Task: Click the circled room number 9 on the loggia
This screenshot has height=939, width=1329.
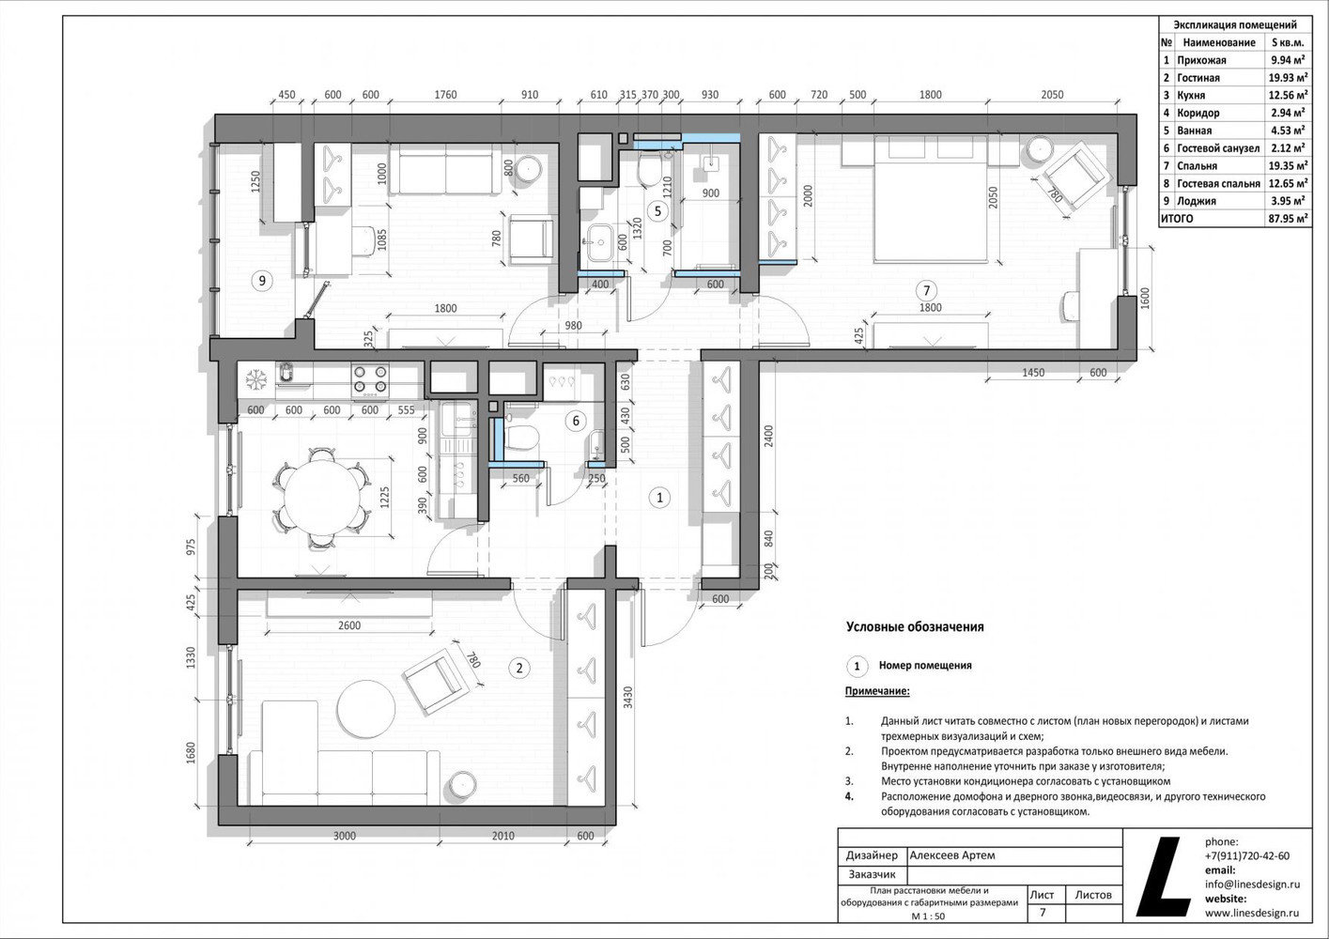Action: (x=262, y=280)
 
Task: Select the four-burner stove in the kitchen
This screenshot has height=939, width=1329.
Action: (x=370, y=380)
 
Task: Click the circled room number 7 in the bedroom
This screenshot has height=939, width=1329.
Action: (x=927, y=290)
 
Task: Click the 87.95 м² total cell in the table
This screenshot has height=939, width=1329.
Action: (x=1288, y=218)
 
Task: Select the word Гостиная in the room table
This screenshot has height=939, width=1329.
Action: (x=1198, y=78)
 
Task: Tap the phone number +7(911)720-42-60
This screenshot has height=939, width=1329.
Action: (x=1247, y=856)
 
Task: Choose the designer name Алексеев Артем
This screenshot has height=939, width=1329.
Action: (x=952, y=855)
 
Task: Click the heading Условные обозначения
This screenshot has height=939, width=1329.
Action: (x=914, y=627)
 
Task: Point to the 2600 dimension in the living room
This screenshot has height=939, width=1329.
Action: (x=348, y=625)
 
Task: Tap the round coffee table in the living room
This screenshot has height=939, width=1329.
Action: (x=366, y=708)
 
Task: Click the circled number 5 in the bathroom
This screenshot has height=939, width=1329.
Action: (x=657, y=210)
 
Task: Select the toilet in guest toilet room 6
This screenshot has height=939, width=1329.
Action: (x=519, y=439)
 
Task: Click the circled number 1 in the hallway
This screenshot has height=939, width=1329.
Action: (x=659, y=498)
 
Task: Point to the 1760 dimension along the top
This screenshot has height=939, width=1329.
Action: (x=445, y=95)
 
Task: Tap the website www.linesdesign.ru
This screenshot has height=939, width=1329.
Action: (x=1252, y=913)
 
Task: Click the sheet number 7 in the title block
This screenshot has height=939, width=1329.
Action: (x=1043, y=913)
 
